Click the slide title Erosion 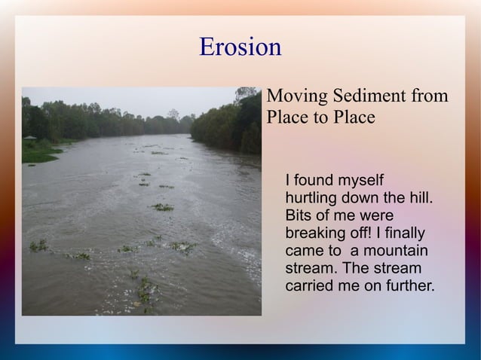coord(240,47)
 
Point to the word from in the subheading coord(430,96)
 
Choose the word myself coord(360,181)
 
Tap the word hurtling coord(312,198)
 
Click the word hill coord(420,198)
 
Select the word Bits coord(299,215)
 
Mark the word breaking coord(316,233)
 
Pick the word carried coord(310,285)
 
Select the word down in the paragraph coord(363,198)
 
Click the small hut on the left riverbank coord(29,138)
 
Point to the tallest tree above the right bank coord(245,94)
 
